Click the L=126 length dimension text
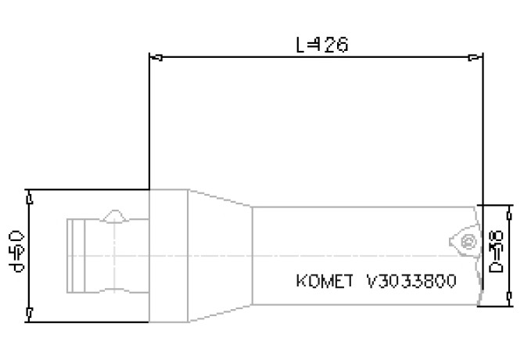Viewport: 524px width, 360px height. [x=321, y=45]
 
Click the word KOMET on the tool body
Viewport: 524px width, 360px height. [x=321, y=280]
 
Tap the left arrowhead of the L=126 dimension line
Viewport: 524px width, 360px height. [x=156, y=57]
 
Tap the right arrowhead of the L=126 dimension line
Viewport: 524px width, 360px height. [x=476, y=57]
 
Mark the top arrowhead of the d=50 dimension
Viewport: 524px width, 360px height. [x=28, y=200]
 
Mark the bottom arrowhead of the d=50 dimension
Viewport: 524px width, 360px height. [x=28, y=312]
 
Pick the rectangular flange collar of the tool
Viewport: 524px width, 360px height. [x=167, y=255]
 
